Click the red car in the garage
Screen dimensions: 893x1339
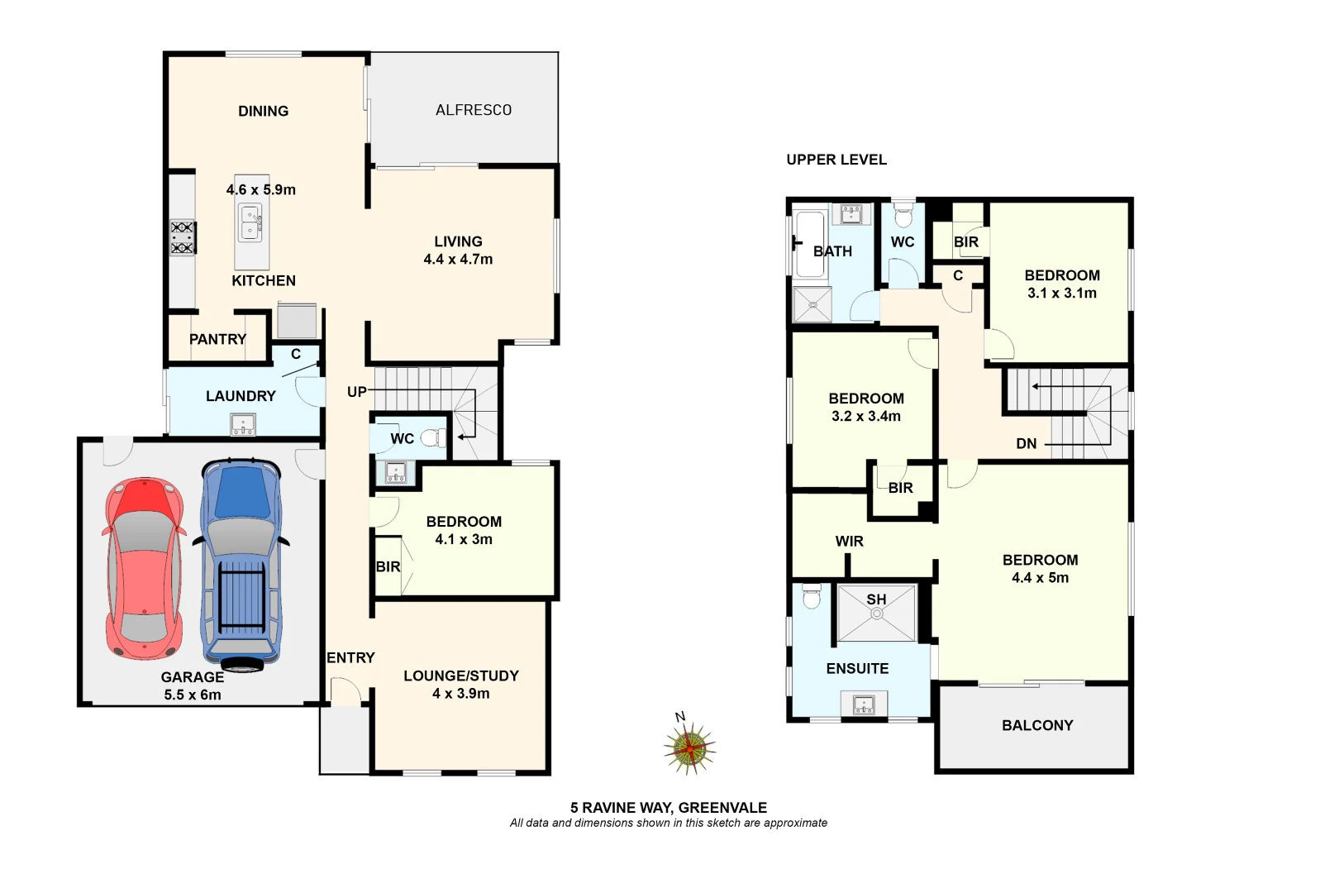[x=145, y=569]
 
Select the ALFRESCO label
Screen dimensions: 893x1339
[x=474, y=110]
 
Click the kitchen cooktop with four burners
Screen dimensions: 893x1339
[x=183, y=237]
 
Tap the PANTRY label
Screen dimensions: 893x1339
[x=217, y=339]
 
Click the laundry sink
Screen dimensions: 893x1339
[x=243, y=426]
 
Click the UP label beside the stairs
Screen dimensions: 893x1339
[x=356, y=392]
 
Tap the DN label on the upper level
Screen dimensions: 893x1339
[x=1026, y=444]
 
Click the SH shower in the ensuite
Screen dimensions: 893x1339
[x=876, y=612]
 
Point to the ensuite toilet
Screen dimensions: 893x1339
[x=812, y=597]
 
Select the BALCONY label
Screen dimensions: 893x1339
[x=1037, y=725]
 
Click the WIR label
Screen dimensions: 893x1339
[x=849, y=542]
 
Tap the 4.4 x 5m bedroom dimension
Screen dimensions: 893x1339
[x=1040, y=578]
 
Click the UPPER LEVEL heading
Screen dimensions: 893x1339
[x=836, y=160]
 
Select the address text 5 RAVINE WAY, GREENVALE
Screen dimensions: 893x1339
[x=668, y=808]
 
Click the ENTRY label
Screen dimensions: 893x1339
[x=350, y=658]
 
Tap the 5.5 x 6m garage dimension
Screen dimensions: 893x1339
[x=193, y=695]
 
